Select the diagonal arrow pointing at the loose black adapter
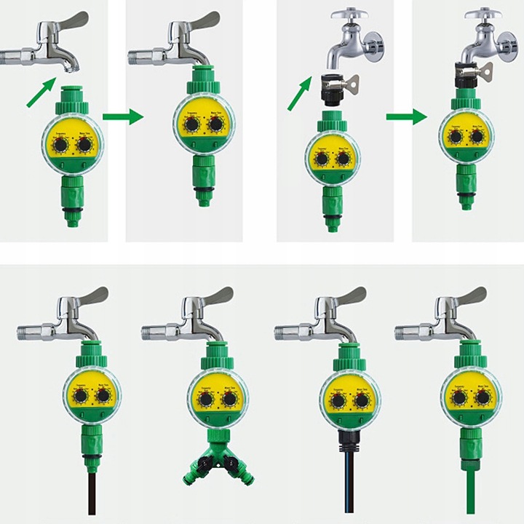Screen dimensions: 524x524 pyautogui.click(x=298, y=95)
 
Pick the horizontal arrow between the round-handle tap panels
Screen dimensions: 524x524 pyautogui.click(x=405, y=116)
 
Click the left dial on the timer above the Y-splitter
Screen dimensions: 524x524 pyautogui.click(x=206, y=400)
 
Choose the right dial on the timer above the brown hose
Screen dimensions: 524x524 pyautogui.click(x=104, y=396)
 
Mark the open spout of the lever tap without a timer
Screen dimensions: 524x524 pyautogui.click(x=68, y=67)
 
